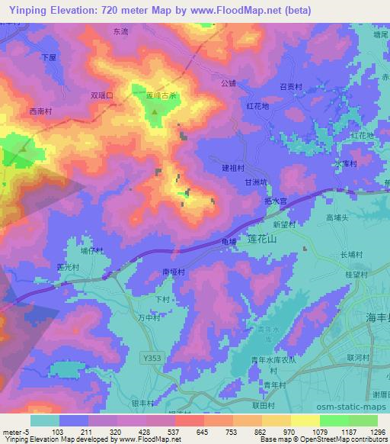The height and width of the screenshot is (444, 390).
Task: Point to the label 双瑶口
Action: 101,96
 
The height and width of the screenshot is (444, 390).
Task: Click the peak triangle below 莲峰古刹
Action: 155,112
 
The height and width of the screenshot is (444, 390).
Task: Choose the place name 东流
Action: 120,32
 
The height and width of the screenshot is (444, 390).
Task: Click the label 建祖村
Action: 233,167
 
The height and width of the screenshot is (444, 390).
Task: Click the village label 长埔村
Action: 351,255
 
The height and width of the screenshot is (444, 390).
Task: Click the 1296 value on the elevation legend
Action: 376,431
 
